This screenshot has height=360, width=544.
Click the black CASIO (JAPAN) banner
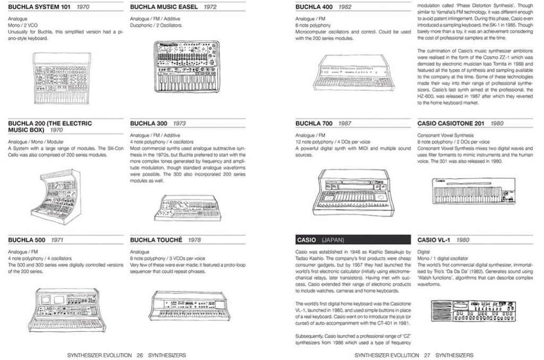pos(351,239)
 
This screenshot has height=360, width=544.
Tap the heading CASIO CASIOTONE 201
pos(452,123)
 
